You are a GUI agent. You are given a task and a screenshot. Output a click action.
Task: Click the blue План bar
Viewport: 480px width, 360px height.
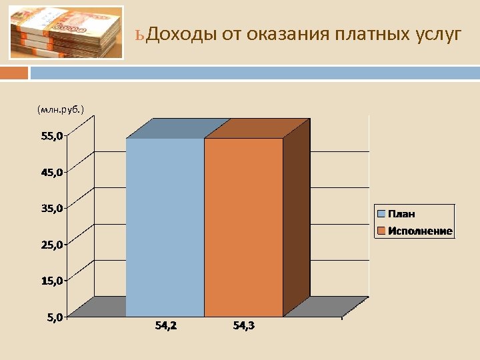coord(165,227)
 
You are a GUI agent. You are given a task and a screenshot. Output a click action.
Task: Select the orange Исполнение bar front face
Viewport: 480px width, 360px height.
coord(243,227)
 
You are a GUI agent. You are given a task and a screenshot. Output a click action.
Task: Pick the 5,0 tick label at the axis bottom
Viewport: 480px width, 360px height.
coord(55,317)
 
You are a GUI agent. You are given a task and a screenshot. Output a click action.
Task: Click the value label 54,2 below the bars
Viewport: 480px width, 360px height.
coord(166,326)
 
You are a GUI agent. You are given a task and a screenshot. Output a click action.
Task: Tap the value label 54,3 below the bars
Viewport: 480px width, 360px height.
coord(244,326)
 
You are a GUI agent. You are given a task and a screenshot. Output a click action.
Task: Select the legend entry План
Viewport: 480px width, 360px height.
coord(402,214)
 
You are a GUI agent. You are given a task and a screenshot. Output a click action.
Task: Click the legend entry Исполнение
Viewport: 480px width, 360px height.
coord(421,231)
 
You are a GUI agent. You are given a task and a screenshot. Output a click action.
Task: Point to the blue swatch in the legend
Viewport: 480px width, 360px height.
coord(382,214)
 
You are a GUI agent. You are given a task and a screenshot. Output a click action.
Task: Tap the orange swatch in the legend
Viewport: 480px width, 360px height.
coord(382,231)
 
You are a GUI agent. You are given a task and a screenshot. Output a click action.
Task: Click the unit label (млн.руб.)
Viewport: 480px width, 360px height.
coord(61,108)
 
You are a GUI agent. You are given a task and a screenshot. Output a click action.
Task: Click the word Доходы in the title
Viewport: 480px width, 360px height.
coord(181,34)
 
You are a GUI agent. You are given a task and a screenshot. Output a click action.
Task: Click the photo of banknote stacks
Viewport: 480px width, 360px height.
coord(67,33)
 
